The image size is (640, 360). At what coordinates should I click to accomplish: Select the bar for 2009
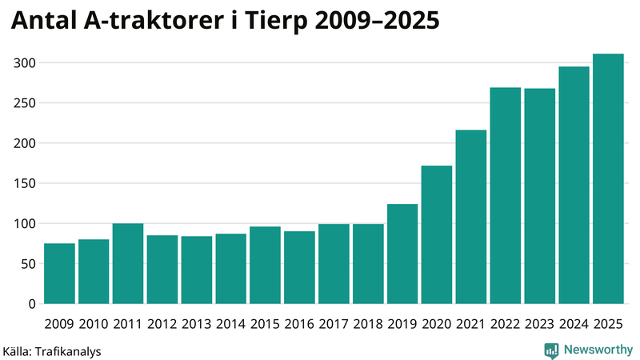59,274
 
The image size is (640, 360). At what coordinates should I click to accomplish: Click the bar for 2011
128,264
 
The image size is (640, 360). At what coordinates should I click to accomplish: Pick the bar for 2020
437,235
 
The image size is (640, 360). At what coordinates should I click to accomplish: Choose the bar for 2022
506,196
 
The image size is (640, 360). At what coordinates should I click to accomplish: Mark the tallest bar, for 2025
608,179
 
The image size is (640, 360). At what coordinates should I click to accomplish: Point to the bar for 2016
299,268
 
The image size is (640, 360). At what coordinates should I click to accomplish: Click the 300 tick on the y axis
26,63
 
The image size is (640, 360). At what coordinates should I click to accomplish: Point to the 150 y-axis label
26,184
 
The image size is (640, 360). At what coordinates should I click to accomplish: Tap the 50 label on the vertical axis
30,264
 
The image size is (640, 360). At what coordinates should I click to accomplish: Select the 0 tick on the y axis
33,304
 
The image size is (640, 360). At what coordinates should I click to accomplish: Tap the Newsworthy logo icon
551,350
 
